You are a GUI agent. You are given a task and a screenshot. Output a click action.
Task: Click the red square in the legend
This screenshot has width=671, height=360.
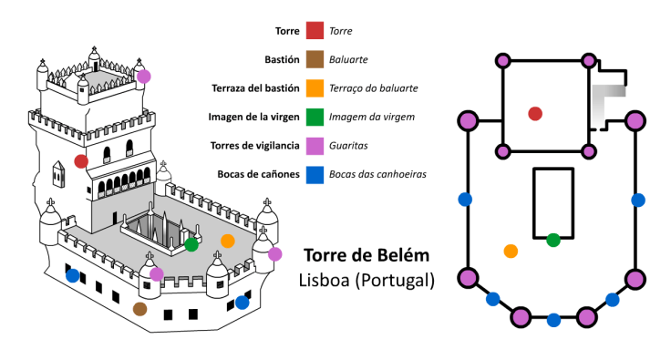tap(315, 31)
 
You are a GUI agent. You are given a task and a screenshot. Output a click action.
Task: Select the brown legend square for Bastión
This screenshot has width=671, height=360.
tap(315, 59)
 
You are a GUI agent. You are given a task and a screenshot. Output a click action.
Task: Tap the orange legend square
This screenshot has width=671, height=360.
tap(315, 88)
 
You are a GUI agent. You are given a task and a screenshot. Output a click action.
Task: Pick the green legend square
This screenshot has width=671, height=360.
tap(315, 117)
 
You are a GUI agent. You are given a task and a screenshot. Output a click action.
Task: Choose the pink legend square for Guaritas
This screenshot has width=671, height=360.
tap(315, 145)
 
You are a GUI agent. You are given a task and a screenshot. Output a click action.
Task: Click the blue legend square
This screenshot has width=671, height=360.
tap(315, 174)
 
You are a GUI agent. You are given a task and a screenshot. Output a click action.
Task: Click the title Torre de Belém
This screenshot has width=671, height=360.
tap(366, 255)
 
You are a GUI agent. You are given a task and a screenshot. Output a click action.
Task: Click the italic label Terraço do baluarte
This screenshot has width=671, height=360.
tap(374, 88)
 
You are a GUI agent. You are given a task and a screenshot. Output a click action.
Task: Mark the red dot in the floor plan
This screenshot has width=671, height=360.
tap(535, 113)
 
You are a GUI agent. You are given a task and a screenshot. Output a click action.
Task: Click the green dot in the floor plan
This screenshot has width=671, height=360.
tap(552, 240)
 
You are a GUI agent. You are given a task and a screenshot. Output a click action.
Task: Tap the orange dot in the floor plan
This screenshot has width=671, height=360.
tap(511, 251)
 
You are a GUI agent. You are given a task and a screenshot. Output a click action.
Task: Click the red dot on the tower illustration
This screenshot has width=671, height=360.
tap(81, 161)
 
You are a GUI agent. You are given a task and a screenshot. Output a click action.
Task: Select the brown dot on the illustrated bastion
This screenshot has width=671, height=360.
tap(139, 309)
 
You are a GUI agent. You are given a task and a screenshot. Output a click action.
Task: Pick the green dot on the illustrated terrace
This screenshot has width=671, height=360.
tap(191, 244)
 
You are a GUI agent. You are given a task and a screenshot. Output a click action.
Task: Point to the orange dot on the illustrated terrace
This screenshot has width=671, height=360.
tap(227, 241)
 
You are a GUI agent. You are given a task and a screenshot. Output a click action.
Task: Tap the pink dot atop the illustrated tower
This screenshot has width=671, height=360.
tap(143, 76)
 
